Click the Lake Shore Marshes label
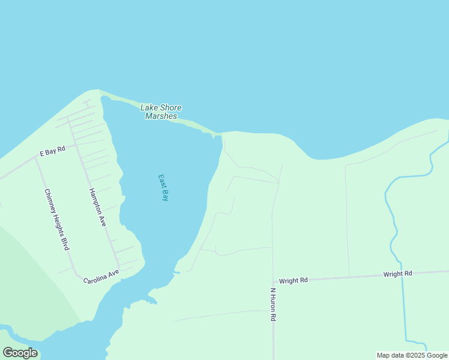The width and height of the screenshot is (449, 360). [x=161, y=112]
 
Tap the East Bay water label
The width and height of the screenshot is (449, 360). [x=163, y=188]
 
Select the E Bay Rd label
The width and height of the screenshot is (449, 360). [x=52, y=152]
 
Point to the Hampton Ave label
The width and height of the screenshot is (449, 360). [x=98, y=207]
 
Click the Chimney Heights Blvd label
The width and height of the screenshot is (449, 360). [x=57, y=220]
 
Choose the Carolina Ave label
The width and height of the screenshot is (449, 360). [x=101, y=277]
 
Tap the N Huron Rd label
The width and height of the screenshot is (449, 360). [x=273, y=305]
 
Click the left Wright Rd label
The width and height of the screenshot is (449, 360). [x=293, y=280]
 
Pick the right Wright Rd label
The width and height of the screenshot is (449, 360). [x=397, y=274]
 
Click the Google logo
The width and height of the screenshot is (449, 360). [x=20, y=353]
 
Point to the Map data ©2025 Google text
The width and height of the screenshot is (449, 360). [x=412, y=355]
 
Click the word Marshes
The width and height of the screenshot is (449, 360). [x=161, y=116]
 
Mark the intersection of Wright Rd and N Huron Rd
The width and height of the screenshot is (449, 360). [x=273, y=281]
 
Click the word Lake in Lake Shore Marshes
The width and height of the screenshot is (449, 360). [x=148, y=107]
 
